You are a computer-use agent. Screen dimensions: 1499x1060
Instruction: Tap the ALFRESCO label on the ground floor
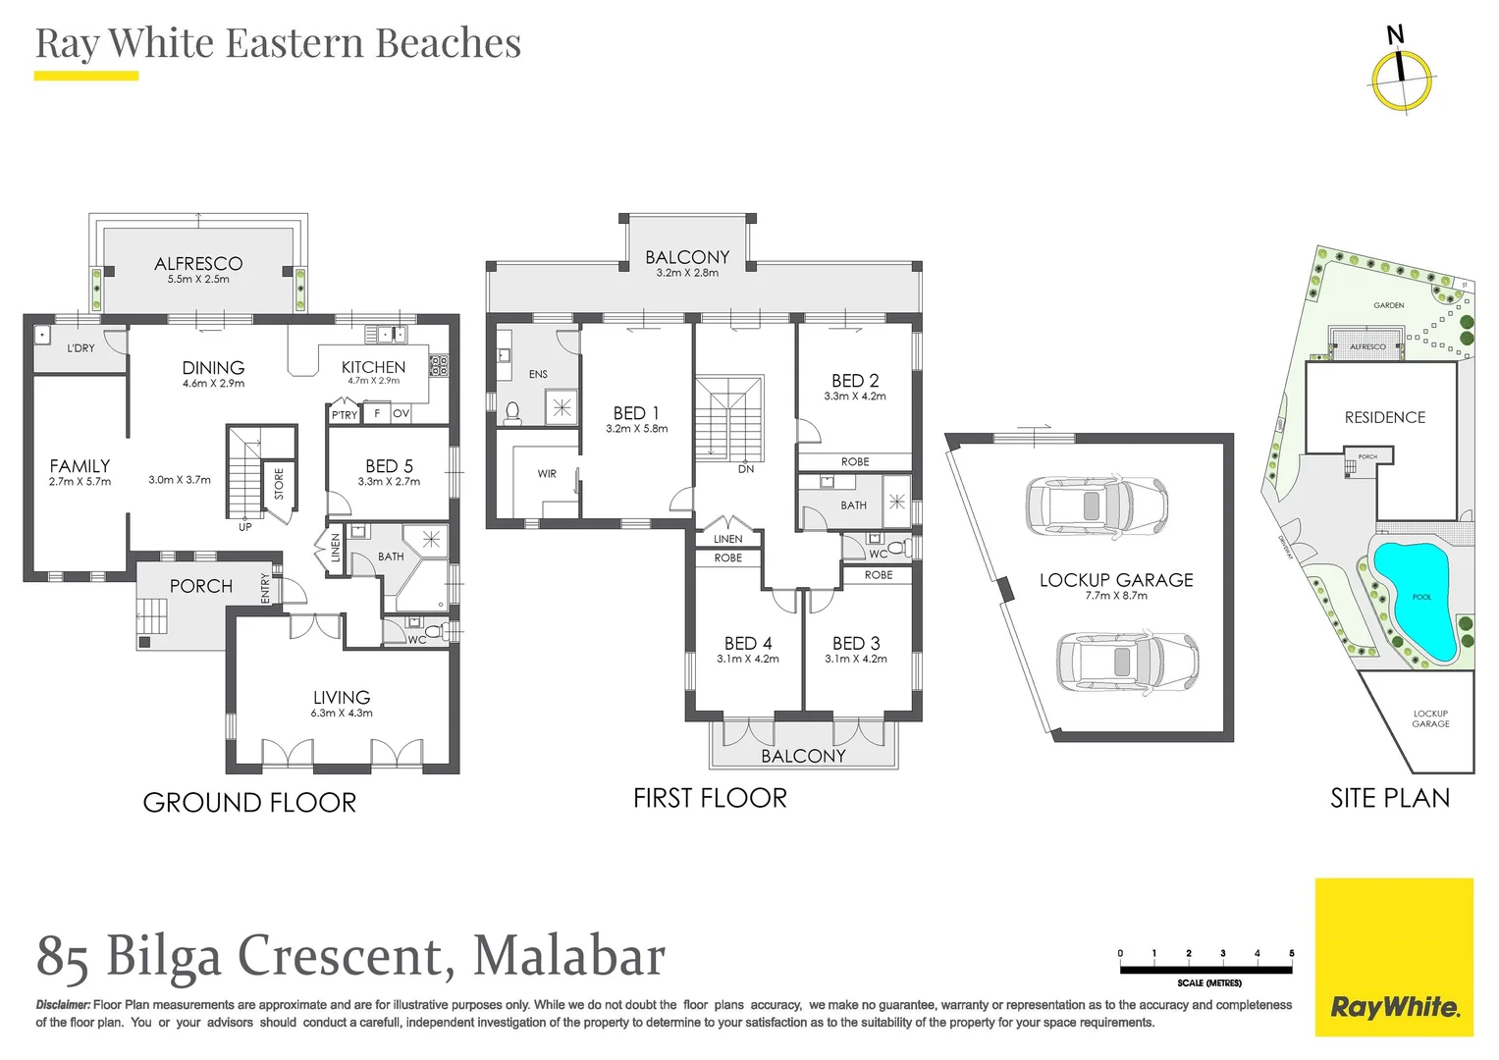click(198, 263)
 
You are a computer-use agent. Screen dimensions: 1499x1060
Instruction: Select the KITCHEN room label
click(373, 367)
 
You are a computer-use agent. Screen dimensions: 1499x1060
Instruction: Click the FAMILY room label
click(80, 466)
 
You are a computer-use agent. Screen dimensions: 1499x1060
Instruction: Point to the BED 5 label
click(389, 466)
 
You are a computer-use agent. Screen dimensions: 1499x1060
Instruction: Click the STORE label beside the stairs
click(279, 483)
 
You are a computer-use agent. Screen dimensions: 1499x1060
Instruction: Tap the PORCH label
click(201, 586)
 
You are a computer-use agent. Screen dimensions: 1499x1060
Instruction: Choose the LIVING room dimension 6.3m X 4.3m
click(342, 714)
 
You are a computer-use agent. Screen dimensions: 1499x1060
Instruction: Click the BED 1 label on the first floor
click(636, 413)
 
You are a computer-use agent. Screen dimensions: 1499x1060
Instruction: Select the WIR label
click(547, 474)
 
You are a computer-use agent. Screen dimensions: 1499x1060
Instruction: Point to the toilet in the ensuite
click(512, 412)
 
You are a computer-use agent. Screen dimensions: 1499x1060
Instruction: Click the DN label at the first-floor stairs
click(746, 469)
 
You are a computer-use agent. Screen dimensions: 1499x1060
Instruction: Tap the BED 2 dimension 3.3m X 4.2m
click(855, 397)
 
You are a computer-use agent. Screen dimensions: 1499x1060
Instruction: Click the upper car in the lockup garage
click(1096, 506)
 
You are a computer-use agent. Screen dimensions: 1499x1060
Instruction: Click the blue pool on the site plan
click(1414, 599)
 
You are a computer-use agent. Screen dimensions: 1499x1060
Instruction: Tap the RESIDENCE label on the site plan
click(1384, 417)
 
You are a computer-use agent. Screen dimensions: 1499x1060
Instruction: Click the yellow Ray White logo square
click(1394, 957)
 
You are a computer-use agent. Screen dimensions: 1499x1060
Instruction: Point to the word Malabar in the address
click(569, 956)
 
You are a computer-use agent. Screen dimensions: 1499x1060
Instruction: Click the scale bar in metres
click(1205, 970)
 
